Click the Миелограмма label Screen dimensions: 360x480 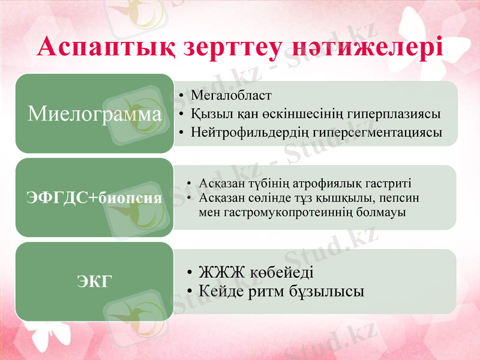pos(95,113)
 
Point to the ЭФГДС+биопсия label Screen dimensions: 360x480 pos(95,197)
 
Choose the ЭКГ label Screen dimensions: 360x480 pos(95,280)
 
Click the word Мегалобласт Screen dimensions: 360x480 pos(231,95)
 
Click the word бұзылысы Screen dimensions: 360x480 pos(329,291)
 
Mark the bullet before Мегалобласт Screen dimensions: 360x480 pos(181,96)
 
